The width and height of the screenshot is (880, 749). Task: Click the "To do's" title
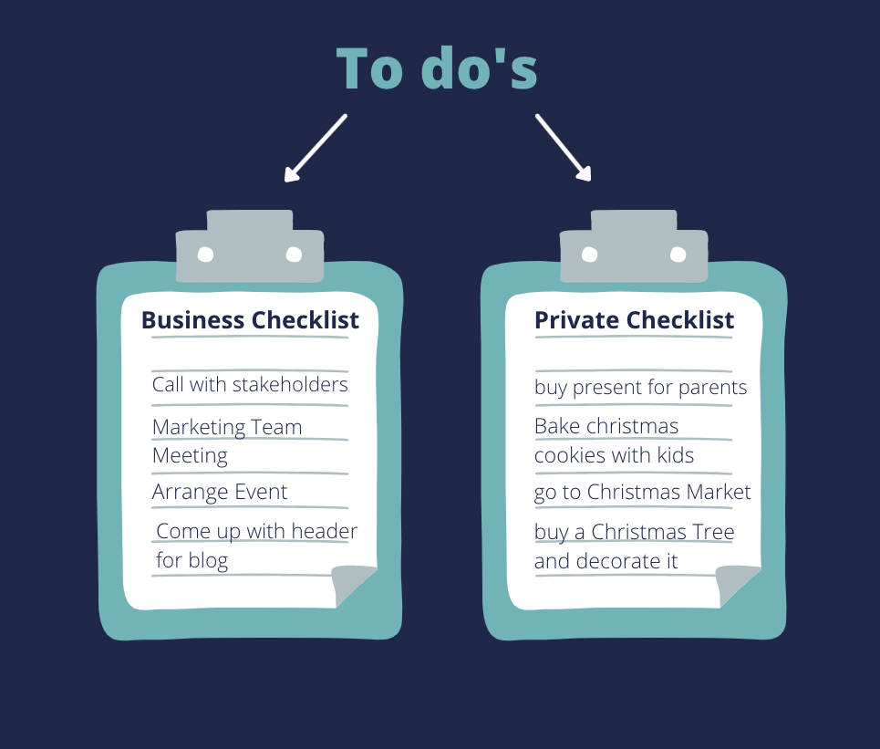[437, 68]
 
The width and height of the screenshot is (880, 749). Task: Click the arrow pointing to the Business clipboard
[316, 148]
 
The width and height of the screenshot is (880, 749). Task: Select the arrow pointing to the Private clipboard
[564, 148]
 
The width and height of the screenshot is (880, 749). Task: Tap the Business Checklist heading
[250, 320]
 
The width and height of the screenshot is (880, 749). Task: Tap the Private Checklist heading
[634, 320]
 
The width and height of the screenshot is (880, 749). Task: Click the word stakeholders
[290, 385]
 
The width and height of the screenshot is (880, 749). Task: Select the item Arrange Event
[220, 493]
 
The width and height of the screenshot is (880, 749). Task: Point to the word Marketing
[199, 428]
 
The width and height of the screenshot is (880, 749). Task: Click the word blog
[208, 560]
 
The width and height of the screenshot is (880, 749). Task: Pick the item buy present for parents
[640, 388]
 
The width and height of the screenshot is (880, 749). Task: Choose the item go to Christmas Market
[642, 493]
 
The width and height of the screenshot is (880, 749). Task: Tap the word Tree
[713, 532]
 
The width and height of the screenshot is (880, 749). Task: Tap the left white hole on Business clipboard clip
[205, 255]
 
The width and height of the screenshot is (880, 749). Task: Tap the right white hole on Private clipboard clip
[678, 255]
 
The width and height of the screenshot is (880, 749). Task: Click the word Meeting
[190, 456]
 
